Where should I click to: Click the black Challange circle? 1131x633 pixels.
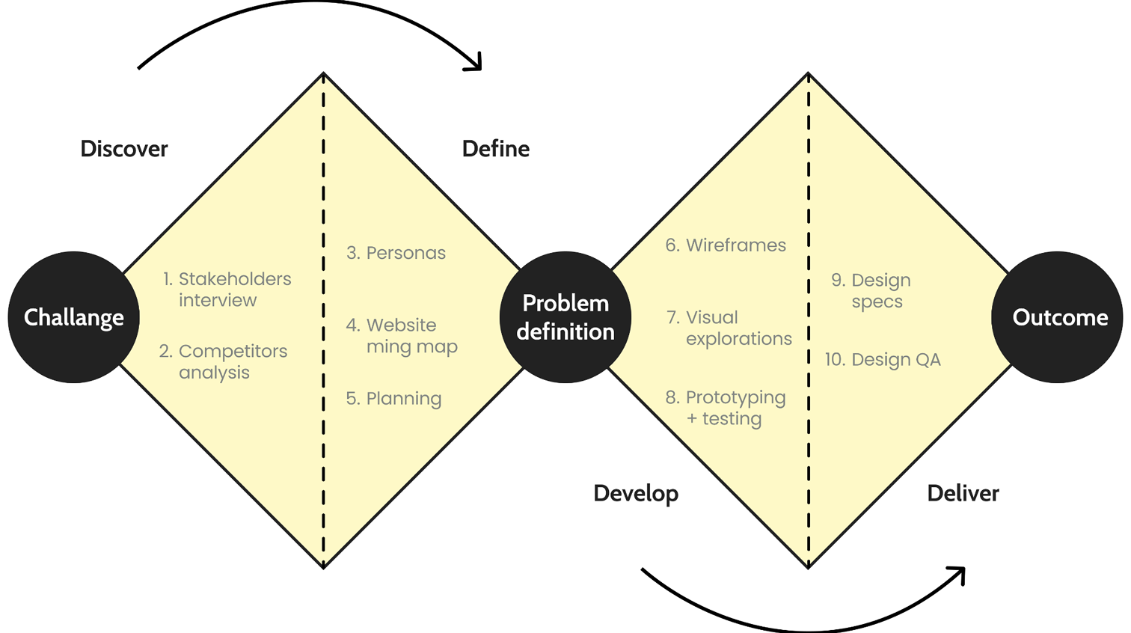tap(73, 317)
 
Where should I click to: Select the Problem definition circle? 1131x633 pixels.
tap(565, 317)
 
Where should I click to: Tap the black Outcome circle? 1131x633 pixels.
tap(1058, 317)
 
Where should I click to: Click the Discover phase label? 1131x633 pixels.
tap(124, 149)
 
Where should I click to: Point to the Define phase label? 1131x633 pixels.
tap(496, 149)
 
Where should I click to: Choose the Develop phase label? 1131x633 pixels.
tap(636, 494)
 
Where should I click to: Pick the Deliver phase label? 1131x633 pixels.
tap(963, 494)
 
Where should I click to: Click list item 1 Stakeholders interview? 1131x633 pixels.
tap(227, 290)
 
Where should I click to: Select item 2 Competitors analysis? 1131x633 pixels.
tap(223, 361)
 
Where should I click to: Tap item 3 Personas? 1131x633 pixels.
tap(396, 253)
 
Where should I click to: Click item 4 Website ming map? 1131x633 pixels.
tap(402, 336)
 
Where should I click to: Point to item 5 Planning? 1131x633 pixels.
tap(393, 399)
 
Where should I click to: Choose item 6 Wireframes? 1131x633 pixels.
tap(726, 245)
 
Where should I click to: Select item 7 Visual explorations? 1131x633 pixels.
tap(729, 328)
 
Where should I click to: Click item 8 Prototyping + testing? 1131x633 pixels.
tap(726, 408)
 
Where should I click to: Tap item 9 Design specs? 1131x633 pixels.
tap(871, 291)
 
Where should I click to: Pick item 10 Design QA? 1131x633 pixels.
tap(883, 360)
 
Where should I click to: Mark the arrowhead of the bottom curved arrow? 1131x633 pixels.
tap(958, 574)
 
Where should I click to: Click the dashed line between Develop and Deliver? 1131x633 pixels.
tap(809, 449)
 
